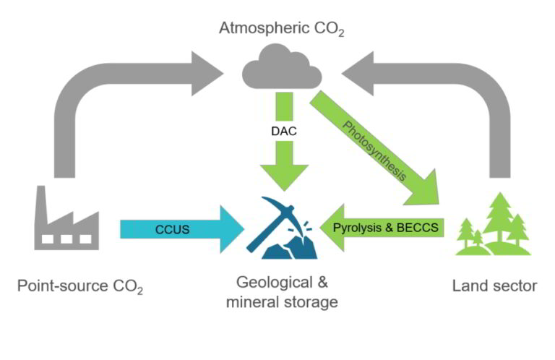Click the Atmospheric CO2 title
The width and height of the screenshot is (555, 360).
coord(281,30)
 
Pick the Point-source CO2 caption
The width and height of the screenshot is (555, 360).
coord(80,287)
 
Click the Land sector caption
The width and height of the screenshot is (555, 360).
coord(494,286)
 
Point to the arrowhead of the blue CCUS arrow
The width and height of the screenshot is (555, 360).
coord(231,230)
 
